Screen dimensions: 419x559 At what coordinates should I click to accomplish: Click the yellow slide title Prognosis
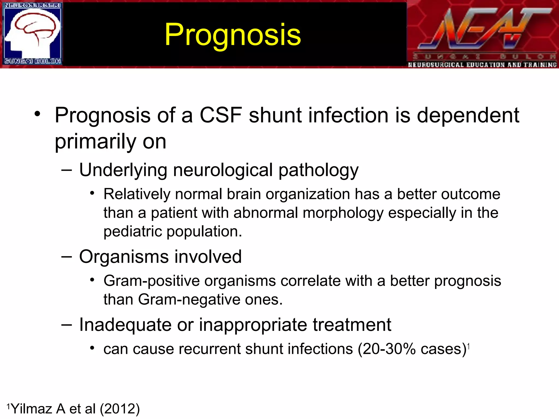pos(233,35)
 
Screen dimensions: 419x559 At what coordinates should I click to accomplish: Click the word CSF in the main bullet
pos(221,115)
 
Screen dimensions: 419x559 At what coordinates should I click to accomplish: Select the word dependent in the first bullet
pos(468,115)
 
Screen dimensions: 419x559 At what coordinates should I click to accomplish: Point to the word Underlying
pos(123,170)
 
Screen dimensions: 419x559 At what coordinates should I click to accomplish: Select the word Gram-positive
pos(151,281)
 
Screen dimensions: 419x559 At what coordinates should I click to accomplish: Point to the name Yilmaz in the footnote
pos(32,409)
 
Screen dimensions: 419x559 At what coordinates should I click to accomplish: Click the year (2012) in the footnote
pos(120,409)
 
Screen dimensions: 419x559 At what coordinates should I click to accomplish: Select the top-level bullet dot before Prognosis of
pos(37,114)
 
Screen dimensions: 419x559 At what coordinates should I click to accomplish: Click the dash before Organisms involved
pos(67,257)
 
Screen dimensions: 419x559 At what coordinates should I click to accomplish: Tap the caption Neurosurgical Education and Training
pos(482,65)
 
